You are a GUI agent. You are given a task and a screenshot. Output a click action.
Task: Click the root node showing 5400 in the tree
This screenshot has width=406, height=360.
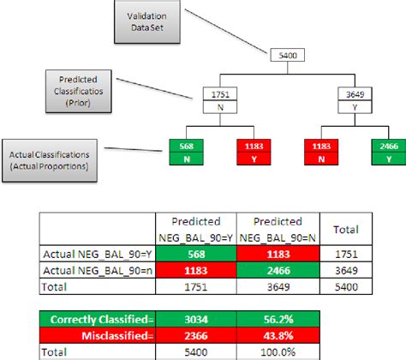[x=284, y=57]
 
